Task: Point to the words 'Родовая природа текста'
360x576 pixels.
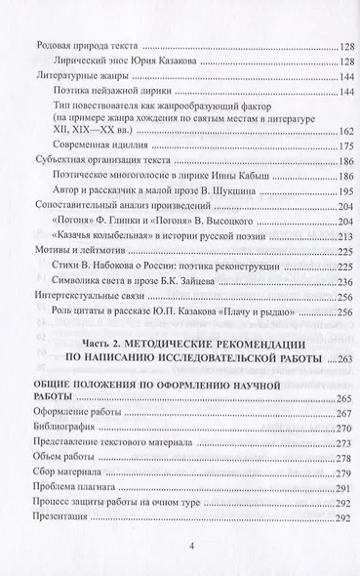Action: point(84,48)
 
